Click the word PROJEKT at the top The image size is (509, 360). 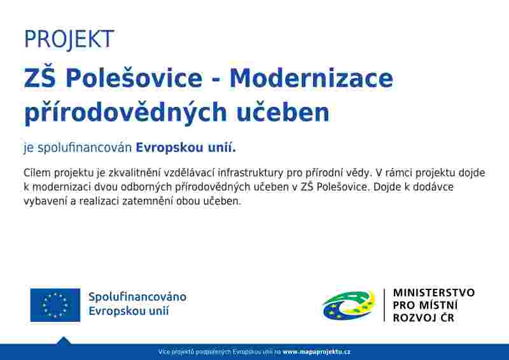[x=69, y=39]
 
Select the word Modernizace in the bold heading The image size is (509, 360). [x=311, y=78]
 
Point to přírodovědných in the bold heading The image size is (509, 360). [x=125, y=112]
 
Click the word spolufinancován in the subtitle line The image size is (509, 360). [x=85, y=148]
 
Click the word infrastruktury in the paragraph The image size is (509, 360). [x=250, y=173]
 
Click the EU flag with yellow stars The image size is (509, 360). [x=55, y=305]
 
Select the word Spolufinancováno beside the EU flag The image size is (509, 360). [x=137, y=297]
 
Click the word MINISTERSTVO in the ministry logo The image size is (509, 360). [x=434, y=293]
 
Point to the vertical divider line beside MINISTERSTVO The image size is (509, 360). [x=385, y=305]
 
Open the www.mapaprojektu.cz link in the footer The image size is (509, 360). [x=316, y=352]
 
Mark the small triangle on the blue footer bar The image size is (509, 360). [x=64, y=341]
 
